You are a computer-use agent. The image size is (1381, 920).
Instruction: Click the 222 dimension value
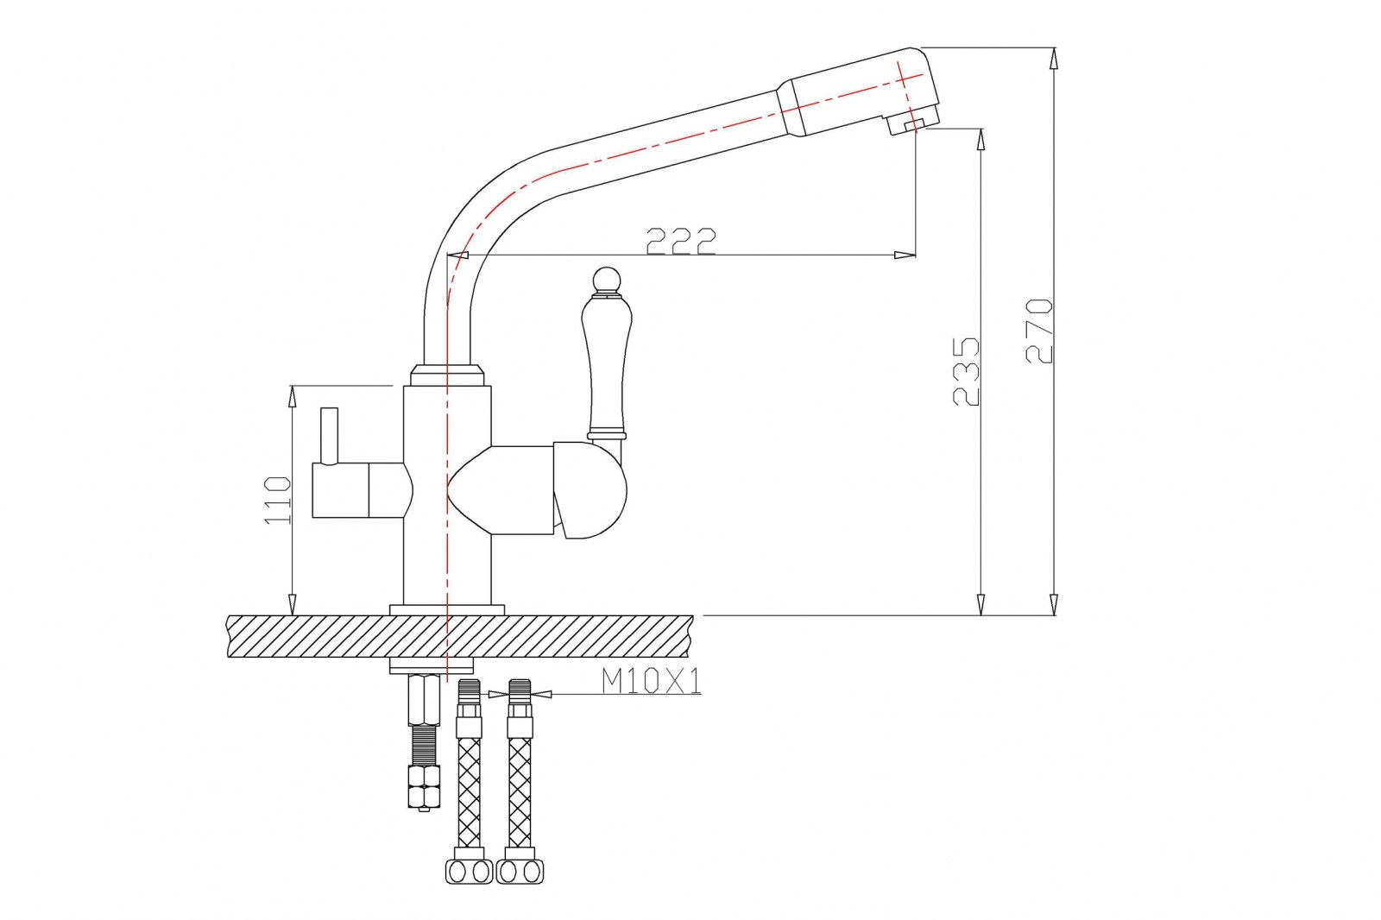[x=681, y=241]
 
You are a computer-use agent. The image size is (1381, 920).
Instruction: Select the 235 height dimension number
[x=966, y=371]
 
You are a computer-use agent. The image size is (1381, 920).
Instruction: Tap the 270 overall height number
[x=1039, y=331]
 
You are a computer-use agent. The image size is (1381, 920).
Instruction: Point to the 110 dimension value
[x=277, y=500]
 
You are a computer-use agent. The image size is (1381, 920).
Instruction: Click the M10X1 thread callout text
[x=652, y=681]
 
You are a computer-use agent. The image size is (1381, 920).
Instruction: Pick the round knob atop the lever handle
[x=607, y=280]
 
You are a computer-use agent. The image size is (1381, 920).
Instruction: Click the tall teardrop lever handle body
[x=607, y=364]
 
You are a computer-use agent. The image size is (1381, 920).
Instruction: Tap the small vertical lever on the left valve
[x=329, y=435]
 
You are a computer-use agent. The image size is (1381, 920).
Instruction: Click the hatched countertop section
[x=460, y=636]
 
